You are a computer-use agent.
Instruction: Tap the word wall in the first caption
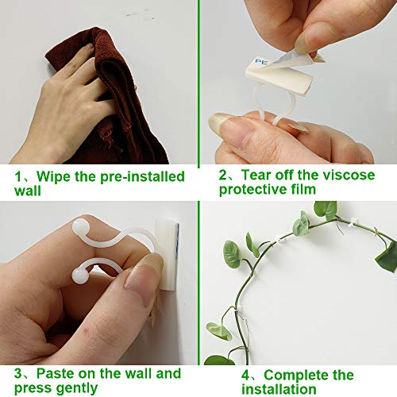tap(27, 191)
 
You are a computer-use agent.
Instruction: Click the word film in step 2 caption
tap(297, 191)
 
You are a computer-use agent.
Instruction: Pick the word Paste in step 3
tap(51, 374)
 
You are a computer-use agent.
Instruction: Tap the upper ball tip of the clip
tap(80, 228)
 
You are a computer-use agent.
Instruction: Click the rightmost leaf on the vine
tap(387, 256)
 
